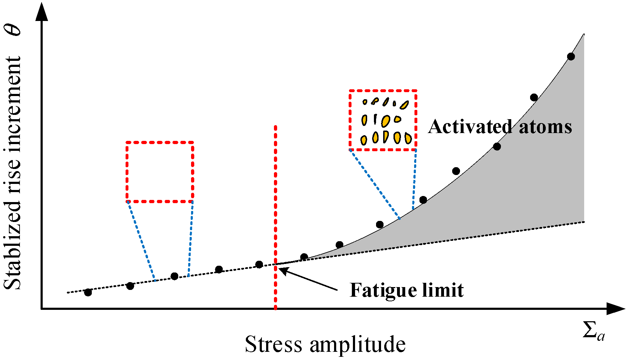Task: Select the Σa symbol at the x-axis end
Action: pyautogui.click(x=593, y=331)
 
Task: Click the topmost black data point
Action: pyautogui.click(x=571, y=56)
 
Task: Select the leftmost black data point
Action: pyautogui.click(x=88, y=292)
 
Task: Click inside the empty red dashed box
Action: pyautogui.click(x=160, y=172)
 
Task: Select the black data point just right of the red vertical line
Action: pyautogui.click(x=304, y=257)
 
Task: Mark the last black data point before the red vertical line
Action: pyautogui.click(x=259, y=264)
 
